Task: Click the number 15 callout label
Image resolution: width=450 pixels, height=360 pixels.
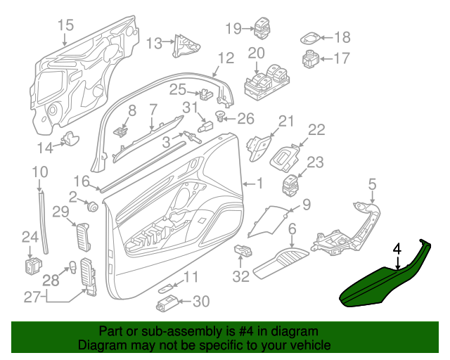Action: tap(65, 26)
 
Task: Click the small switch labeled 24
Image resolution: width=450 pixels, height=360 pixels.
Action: tap(32, 265)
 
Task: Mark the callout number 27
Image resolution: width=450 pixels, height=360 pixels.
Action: tap(32, 297)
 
